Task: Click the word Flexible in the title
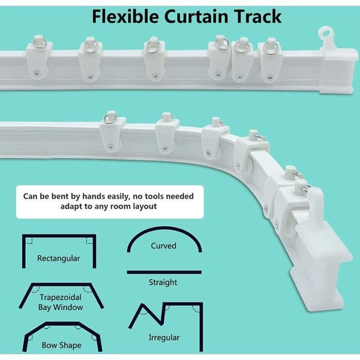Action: (125, 17)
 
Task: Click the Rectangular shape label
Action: (59, 259)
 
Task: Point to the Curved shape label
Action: (163, 246)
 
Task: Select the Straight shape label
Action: (163, 282)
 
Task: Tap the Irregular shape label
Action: (164, 338)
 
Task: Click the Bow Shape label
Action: (62, 346)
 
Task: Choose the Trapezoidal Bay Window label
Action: (61, 302)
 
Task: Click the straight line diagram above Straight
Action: (164, 272)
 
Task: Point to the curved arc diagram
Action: (164, 228)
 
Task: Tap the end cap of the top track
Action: (338, 71)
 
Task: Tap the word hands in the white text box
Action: (94, 196)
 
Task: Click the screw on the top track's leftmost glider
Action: (36, 73)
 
